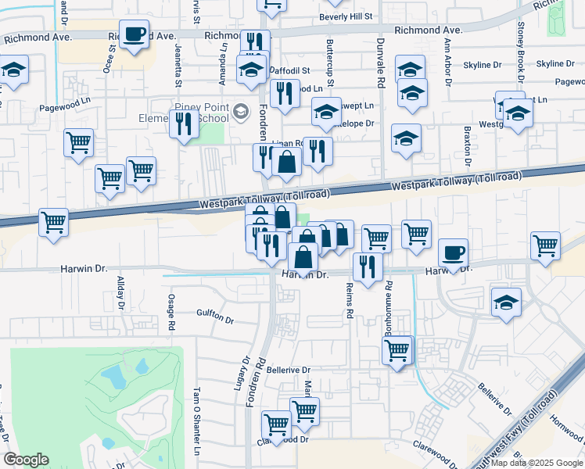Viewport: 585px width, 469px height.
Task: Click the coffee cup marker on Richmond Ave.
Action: (x=135, y=34)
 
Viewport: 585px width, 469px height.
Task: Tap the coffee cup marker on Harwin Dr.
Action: (x=453, y=253)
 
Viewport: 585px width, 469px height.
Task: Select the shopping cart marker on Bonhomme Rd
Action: (x=397, y=349)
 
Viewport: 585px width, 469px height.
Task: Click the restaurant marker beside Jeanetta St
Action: (x=184, y=124)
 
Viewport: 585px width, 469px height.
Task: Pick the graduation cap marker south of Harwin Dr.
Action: (x=506, y=302)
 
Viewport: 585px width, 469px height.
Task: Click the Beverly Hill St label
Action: (x=346, y=16)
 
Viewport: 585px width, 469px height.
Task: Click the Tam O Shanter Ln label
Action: (x=197, y=422)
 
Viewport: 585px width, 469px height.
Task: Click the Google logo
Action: (x=26, y=460)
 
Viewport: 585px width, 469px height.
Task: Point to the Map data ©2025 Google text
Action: (x=536, y=463)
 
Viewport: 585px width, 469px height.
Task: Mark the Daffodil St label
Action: (x=291, y=70)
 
